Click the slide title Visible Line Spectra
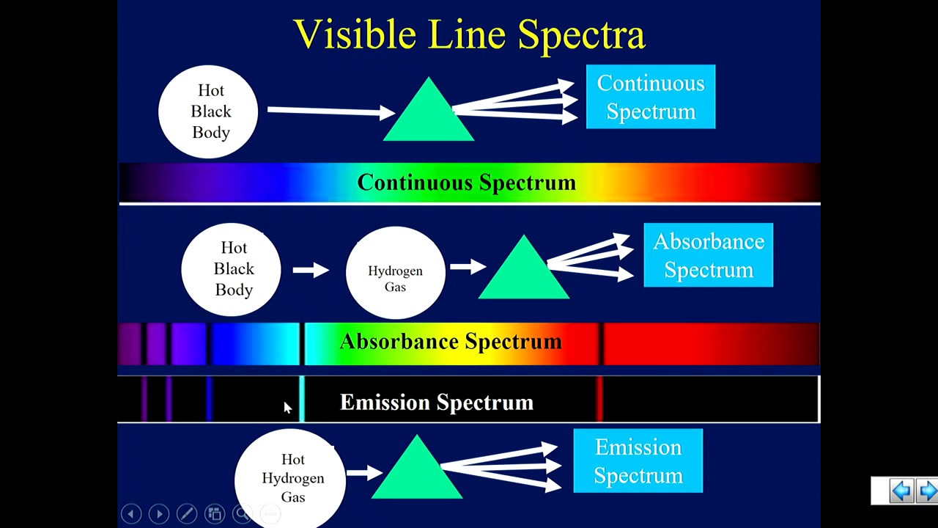(x=469, y=34)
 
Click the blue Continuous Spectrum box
(x=651, y=97)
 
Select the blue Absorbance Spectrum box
(x=708, y=255)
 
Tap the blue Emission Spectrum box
(x=638, y=461)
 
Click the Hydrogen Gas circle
(x=395, y=272)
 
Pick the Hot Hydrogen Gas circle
(x=292, y=477)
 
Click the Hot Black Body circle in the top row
(x=209, y=111)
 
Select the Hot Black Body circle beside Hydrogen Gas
(x=232, y=269)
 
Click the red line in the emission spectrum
(x=599, y=399)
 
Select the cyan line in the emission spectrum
(x=301, y=399)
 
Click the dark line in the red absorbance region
(x=600, y=344)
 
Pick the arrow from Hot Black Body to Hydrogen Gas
(x=311, y=271)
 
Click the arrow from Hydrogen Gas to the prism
(x=468, y=266)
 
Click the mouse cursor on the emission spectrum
(x=287, y=408)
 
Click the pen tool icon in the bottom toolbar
(x=186, y=514)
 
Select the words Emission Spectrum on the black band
(x=437, y=403)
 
